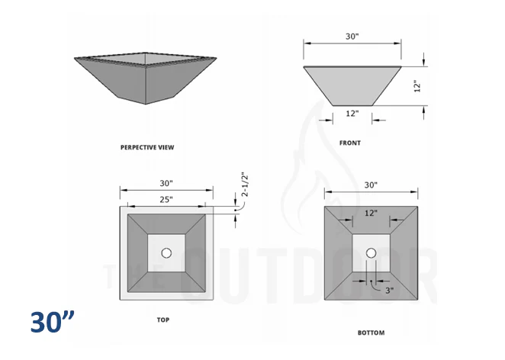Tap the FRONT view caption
[x=350, y=143]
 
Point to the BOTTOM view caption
[x=371, y=333]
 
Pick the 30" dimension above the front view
[x=352, y=35]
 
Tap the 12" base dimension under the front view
[x=352, y=114]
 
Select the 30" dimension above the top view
[x=166, y=183]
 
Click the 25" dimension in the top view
[x=166, y=199]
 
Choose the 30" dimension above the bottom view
[x=371, y=185]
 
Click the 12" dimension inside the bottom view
[x=371, y=214]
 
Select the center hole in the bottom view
[x=371, y=253]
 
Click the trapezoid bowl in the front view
[x=352, y=84]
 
